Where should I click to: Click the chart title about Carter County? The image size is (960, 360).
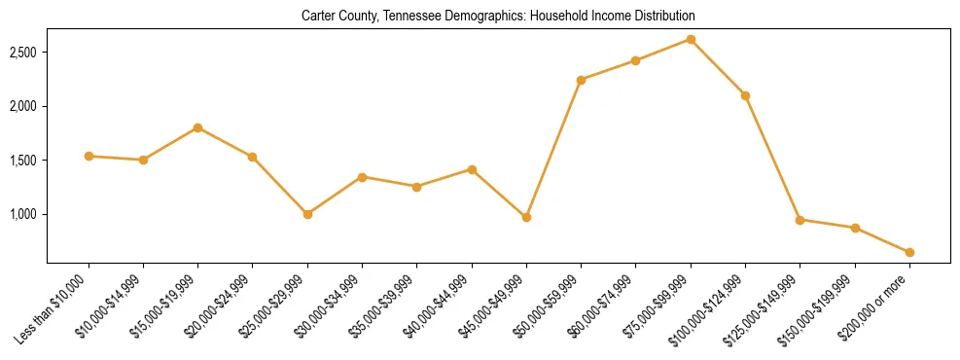[499, 17]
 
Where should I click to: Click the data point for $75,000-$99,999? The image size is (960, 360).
[691, 39]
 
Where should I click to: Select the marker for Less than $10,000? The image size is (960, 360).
[89, 156]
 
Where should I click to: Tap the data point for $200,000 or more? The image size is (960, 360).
[909, 252]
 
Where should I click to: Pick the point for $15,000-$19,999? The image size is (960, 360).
[197, 127]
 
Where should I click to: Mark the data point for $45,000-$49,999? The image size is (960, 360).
[526, 217]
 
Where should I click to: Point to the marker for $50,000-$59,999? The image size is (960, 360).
[581, 80]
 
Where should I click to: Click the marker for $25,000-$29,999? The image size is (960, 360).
[307, 214]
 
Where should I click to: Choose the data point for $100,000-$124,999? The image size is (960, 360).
[745, 95]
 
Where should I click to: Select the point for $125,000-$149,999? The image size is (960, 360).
[800, 220]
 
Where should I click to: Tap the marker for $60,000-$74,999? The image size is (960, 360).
[635, 60]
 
